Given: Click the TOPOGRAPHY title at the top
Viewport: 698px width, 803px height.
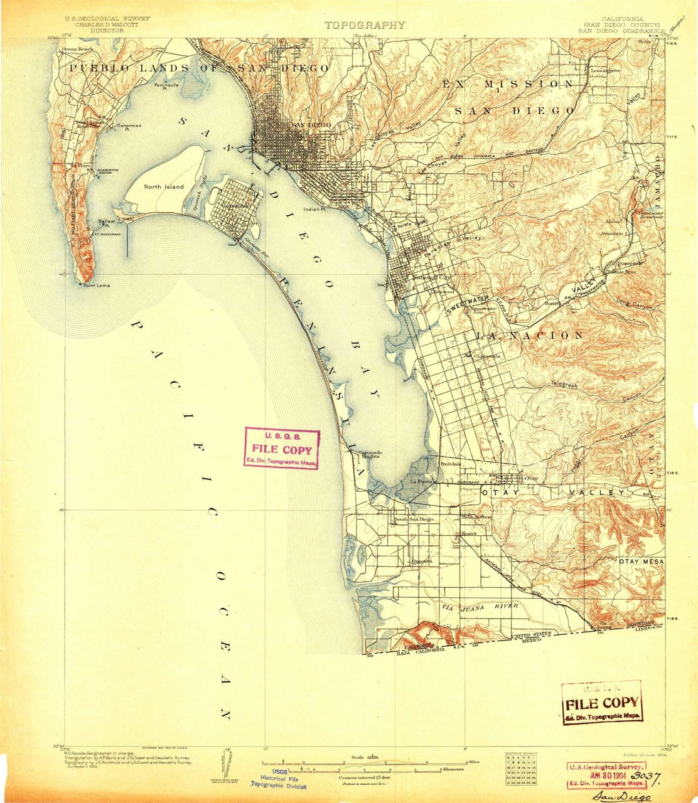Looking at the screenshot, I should [365, 25].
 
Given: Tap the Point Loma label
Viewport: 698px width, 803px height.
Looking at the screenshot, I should [95, 285].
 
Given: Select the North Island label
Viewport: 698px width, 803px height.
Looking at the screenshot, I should [164, 186].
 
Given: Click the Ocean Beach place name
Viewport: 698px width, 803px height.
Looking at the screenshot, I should [78, 49].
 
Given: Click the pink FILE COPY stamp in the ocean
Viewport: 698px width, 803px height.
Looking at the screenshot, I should [281, 449].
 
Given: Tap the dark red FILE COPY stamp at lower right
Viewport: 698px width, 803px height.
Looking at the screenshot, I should [601, 703].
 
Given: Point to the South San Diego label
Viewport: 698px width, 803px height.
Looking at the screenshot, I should [414, 519].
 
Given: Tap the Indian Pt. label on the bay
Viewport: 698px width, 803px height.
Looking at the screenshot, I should [315, 210].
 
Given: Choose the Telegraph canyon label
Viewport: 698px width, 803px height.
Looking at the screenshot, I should [564, 384].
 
